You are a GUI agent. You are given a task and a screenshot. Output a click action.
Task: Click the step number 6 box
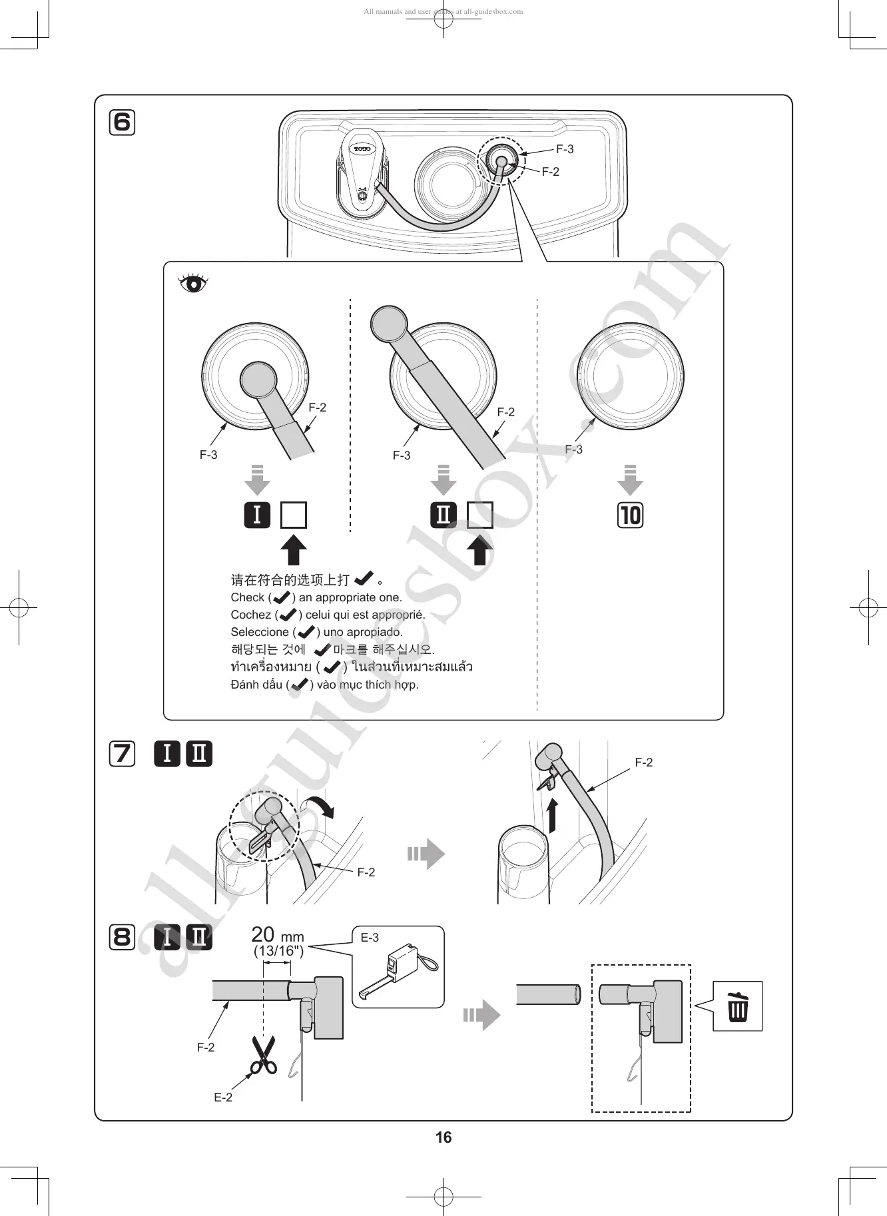(x=122, y=123)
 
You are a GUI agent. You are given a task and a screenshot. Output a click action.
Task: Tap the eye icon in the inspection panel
(x=193, y=283)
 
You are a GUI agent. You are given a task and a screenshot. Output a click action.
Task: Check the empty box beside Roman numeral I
(x=293, y=515)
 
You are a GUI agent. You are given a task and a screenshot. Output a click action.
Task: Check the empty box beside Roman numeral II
(x=479, y=515)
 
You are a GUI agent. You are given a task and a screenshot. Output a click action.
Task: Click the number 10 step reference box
(x=630, y=515)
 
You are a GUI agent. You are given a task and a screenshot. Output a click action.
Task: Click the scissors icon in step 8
(x=263, y=1055)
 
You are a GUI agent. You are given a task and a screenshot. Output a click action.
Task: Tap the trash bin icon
(x=737, y=1006)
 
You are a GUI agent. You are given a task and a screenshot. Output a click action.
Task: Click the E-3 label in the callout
(x=370, y=938)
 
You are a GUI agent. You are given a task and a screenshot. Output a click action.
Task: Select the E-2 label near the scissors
(x=223, y=1097)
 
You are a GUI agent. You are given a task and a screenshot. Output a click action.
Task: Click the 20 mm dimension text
(x=277, y=936)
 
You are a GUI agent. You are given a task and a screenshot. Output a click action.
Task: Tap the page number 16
(x=443, y=1137)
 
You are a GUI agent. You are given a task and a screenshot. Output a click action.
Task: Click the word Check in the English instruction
(x=247, y=597)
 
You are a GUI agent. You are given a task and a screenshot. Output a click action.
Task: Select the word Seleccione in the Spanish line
(x=260, y=632)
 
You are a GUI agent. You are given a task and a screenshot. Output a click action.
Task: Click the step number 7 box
(x=122, y=754)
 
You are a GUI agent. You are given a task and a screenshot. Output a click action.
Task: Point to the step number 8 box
(x=122, y=937)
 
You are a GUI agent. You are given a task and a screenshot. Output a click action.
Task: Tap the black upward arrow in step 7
(x=552, y=816)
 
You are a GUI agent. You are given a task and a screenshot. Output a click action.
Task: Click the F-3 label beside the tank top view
(x=565, y=149)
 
